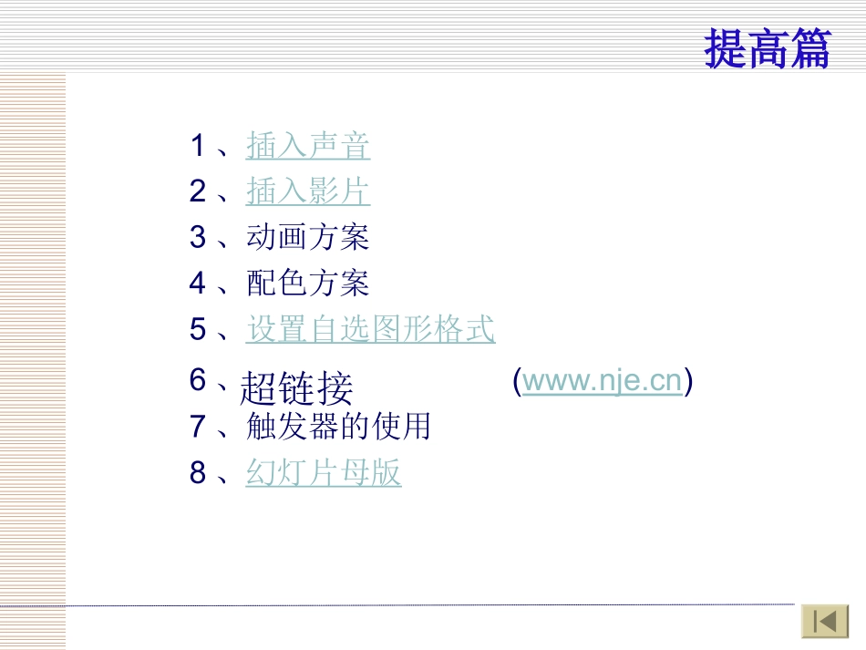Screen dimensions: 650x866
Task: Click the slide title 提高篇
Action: click(x=768, y=48)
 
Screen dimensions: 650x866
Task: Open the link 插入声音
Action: click(x=308, y=146)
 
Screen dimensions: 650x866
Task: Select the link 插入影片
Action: click(x=308, y=191)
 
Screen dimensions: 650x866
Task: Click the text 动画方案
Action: click(x=308, y=237)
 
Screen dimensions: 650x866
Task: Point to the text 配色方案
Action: click(x=308, y=284)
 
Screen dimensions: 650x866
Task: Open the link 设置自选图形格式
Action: click(x=370, y=329)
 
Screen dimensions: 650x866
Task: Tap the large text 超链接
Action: click(x=296, y=389)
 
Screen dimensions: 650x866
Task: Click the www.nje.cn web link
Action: click(x=603, y=381)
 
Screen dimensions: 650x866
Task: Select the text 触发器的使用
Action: click(x=338, y=426)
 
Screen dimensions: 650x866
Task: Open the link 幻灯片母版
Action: click(x=324, y=473)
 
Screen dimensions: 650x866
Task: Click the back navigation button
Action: click(x=825, y=622)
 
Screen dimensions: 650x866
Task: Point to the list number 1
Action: click(x=198, y=146)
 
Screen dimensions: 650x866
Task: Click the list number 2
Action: click(x=198, y=191)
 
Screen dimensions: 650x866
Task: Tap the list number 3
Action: click(x=198, y=237)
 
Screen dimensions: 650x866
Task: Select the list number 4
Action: click(x=198, y=284)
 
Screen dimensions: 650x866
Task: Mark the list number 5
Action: click(x=198, y=329)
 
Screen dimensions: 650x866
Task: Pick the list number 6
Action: click(x=198, y=379)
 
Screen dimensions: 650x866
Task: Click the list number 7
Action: click(x=198, y=426)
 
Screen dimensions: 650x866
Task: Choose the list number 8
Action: click(x=198, y=473)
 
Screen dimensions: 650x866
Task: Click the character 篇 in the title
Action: click(x=809, y=48)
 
